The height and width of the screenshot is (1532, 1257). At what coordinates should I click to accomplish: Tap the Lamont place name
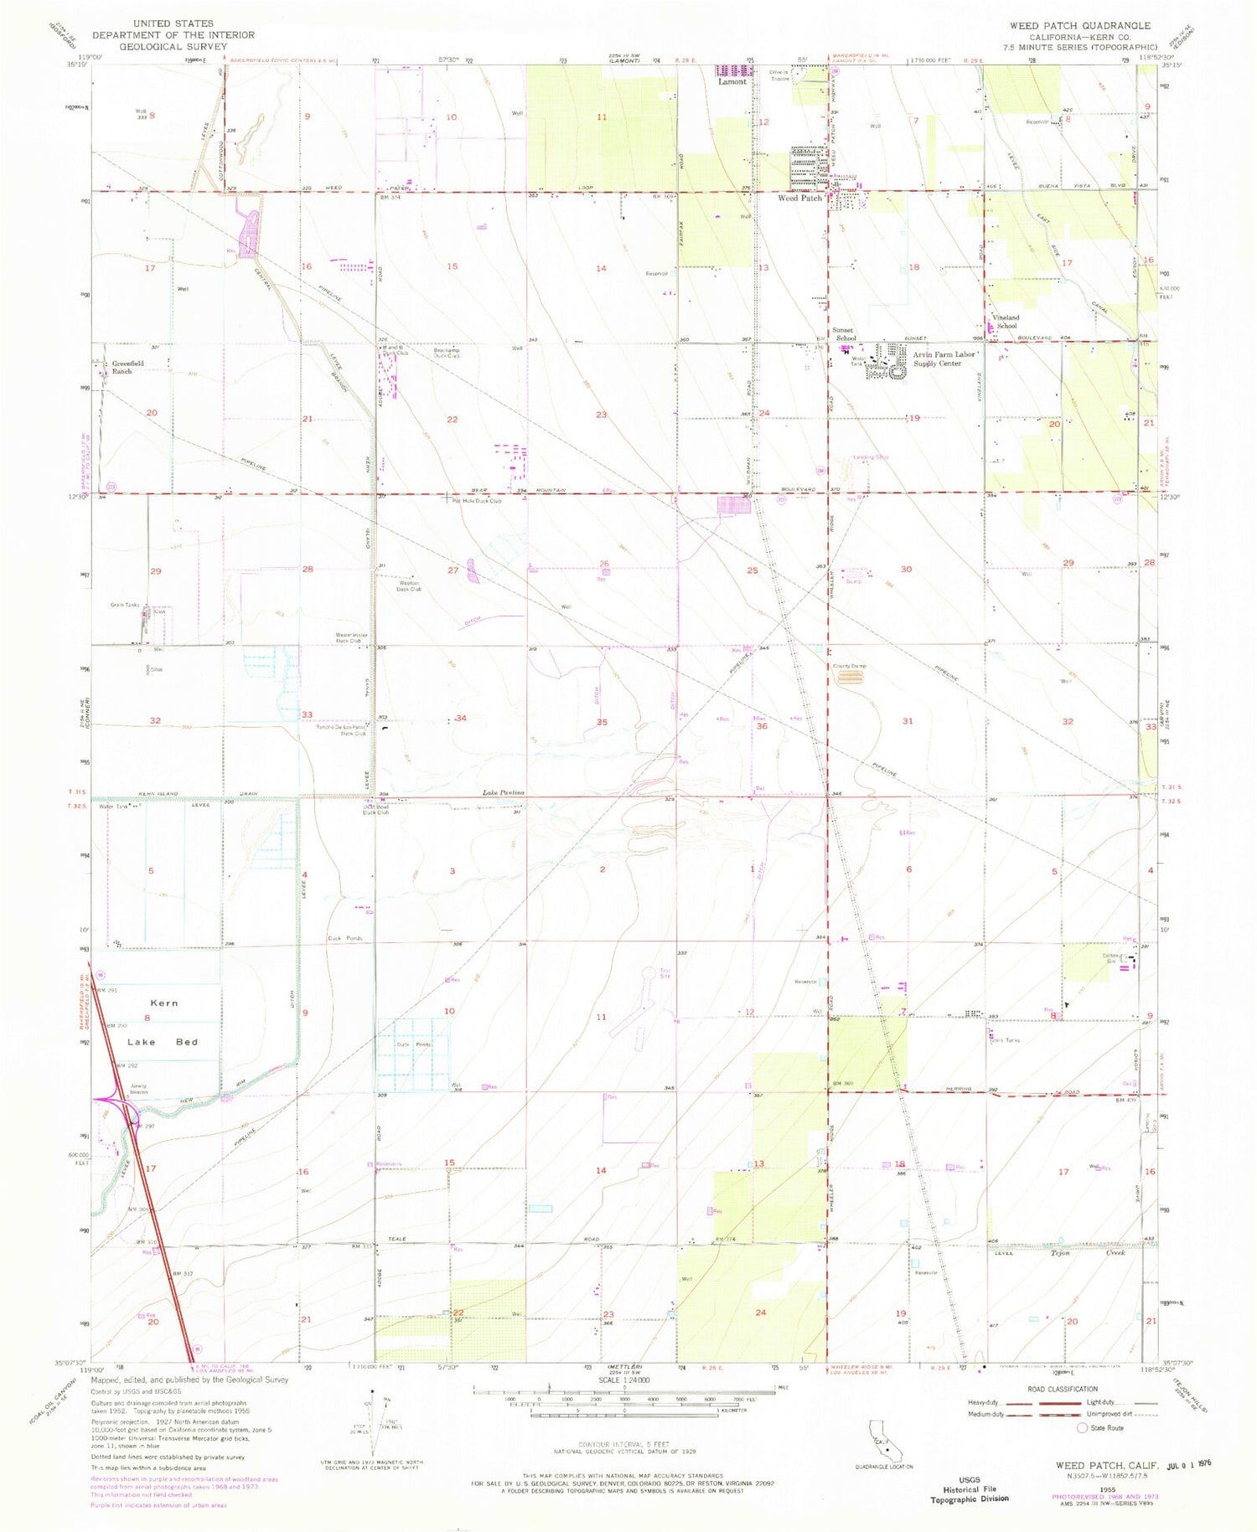[732, 82]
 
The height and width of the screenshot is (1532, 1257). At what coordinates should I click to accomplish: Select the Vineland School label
[1006, 322]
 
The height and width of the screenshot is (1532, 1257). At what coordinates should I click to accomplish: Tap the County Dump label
[849, 666]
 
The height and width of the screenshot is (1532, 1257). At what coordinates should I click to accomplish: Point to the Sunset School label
[844, 334]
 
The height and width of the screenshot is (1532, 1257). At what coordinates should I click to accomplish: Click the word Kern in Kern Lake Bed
[164, 1003]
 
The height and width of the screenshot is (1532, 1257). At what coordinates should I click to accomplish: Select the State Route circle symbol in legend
[1082, 1428]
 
